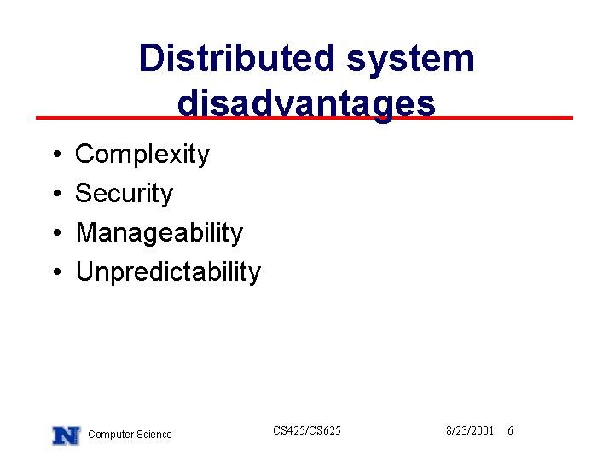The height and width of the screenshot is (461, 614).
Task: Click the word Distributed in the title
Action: (236, 58)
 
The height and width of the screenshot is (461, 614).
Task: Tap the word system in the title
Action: (411, 61)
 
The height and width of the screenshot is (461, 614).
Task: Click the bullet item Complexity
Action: (142, 154)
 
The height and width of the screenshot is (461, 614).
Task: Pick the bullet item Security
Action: (124, 193)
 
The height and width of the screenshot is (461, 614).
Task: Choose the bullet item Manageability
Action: (159, 232)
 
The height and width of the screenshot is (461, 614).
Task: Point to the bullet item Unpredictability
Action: (168, 271)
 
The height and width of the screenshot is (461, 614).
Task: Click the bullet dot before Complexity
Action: (58, 154)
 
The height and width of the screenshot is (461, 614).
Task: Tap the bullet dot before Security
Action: (58, 193)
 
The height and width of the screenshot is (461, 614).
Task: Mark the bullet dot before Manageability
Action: (58, 232)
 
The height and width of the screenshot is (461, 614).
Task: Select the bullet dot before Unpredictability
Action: (58, 271)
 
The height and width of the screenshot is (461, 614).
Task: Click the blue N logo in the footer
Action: (67, 435)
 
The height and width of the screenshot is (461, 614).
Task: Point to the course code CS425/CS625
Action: (307, 430)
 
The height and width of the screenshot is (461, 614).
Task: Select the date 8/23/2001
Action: (470, 430)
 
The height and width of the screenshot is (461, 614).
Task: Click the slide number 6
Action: (510, 430)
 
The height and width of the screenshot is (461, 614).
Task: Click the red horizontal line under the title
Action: (304, 118)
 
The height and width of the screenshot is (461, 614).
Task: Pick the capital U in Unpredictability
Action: (86, 271)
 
